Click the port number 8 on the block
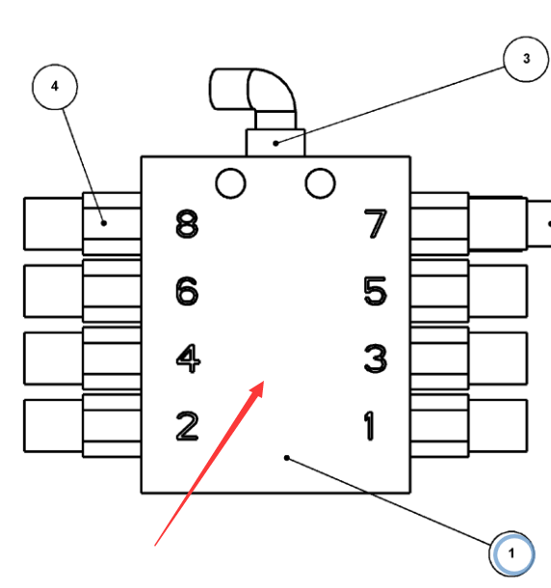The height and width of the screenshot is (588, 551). point(187,224)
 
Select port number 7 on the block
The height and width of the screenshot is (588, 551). point(376,224)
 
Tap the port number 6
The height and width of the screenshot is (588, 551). point(187,291)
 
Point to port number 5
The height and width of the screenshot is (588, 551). point(376,291)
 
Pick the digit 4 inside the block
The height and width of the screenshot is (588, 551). point(188,359)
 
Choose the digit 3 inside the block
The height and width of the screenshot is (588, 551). point(376,359)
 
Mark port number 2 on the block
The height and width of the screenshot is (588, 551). point(187,426)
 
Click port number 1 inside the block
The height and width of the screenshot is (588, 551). point(370,426)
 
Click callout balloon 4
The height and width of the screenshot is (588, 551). point(55,87)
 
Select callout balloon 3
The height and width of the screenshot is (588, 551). point(526,59)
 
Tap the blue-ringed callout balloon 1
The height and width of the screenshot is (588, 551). point(512,553)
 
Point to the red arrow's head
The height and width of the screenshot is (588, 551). point(258,388)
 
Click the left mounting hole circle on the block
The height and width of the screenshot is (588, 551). point(231,183)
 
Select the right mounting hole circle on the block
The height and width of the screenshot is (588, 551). point(321,183)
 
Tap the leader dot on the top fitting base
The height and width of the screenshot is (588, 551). point(275,144)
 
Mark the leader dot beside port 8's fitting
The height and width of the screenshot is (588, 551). point(104,223)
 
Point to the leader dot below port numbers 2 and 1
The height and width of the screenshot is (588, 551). point(287,458)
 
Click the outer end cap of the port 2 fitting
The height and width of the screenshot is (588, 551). point(53,426)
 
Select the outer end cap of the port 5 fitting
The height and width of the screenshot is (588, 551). point(498,291)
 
